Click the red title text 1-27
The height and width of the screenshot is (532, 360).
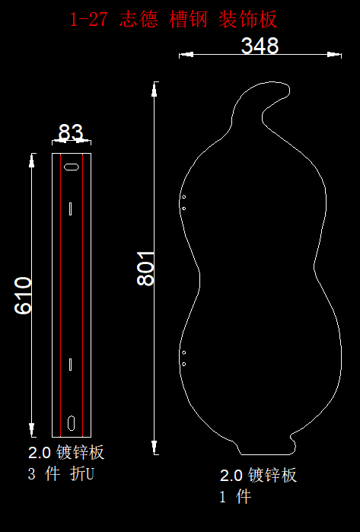(x=88, y=19)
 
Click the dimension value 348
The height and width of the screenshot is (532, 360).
(x=260, y=46)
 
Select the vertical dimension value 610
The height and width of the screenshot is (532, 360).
(x=23, y=295)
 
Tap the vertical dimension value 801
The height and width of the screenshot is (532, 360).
(x=145, y=269)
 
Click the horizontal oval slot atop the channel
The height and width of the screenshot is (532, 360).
(x=72, y=167)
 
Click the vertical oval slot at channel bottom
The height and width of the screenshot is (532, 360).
(x=72, y=422)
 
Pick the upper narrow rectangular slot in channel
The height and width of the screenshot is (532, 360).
(x=70, y=209)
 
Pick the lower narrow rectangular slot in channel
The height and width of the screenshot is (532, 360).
(x=70, y=364)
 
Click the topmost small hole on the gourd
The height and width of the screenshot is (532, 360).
(x=184, y=197)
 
